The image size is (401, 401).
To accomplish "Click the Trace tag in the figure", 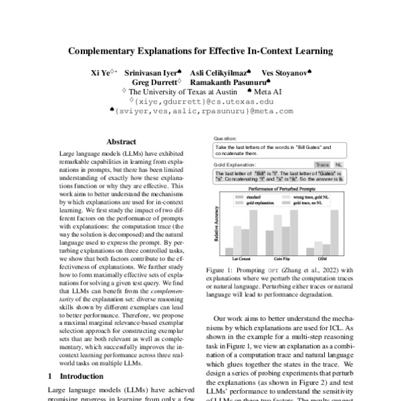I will click(x=322, y=164).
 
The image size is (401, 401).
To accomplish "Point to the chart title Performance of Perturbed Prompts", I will click(x=280, y=192).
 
